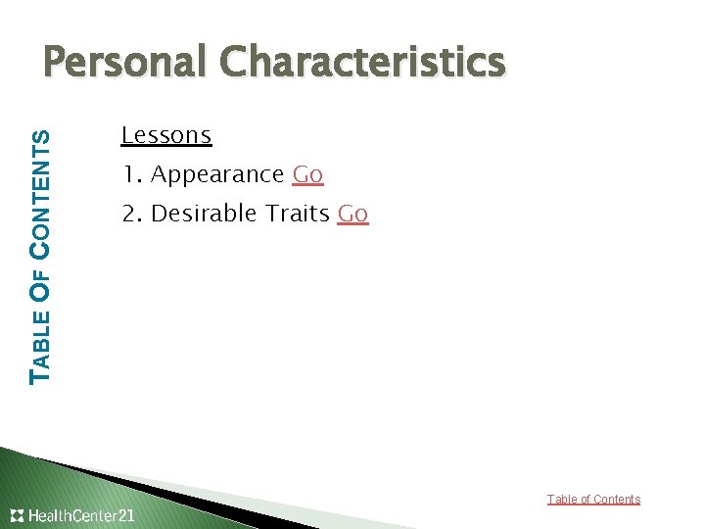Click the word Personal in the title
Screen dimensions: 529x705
[x=125, y=63]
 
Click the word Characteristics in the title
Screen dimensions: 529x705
[x=361, y=63]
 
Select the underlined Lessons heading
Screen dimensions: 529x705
[x=166, y=135]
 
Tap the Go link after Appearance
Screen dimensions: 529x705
[x=307, y=174]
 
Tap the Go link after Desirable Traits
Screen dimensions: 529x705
[x=352, y=214]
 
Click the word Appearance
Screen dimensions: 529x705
[x=217, y=175]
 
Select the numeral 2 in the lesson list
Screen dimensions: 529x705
[x=128, y=214]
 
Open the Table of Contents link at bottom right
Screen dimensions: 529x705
[x=593, y=500]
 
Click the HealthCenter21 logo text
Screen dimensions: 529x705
[x=82, y=515]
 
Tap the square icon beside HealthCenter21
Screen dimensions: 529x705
[x=18, y=515]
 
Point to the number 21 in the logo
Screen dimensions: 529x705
[x=125, y=515]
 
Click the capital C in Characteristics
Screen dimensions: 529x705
[x=235, y=63]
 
